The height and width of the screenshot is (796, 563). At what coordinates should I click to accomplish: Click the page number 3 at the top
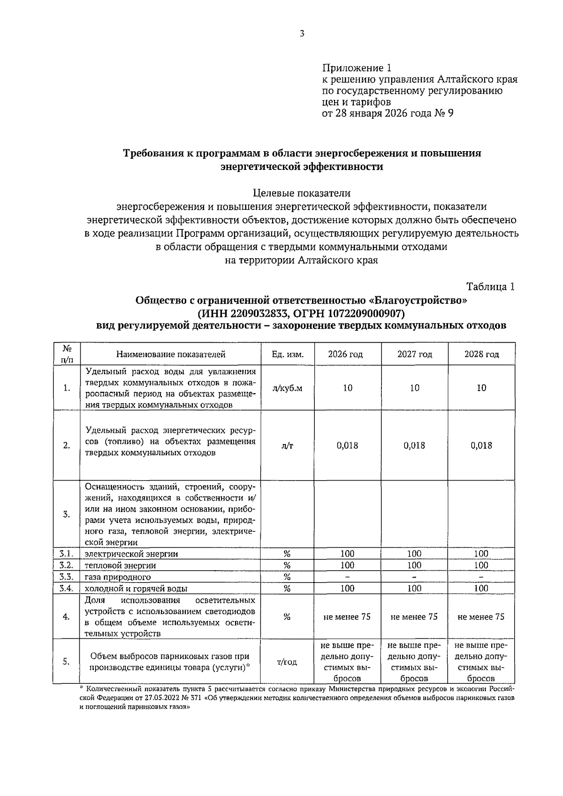[302, 33]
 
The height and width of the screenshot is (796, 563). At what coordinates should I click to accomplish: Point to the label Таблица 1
[491, 287]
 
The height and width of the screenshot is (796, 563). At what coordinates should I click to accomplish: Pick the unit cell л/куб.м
[288, 388]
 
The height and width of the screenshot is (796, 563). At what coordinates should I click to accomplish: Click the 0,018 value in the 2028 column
[481, 445]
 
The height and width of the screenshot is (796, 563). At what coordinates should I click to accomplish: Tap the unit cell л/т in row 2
[288, 445]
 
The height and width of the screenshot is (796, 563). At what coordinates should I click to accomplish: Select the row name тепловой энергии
[120, 566]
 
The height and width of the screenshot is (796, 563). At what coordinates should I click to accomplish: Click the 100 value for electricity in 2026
[347, 554]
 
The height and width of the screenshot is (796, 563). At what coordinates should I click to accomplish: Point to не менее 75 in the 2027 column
[414, 617]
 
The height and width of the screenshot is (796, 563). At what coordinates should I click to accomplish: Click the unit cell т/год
[288, 662]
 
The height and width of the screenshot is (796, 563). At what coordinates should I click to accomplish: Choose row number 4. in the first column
[67, 617]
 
